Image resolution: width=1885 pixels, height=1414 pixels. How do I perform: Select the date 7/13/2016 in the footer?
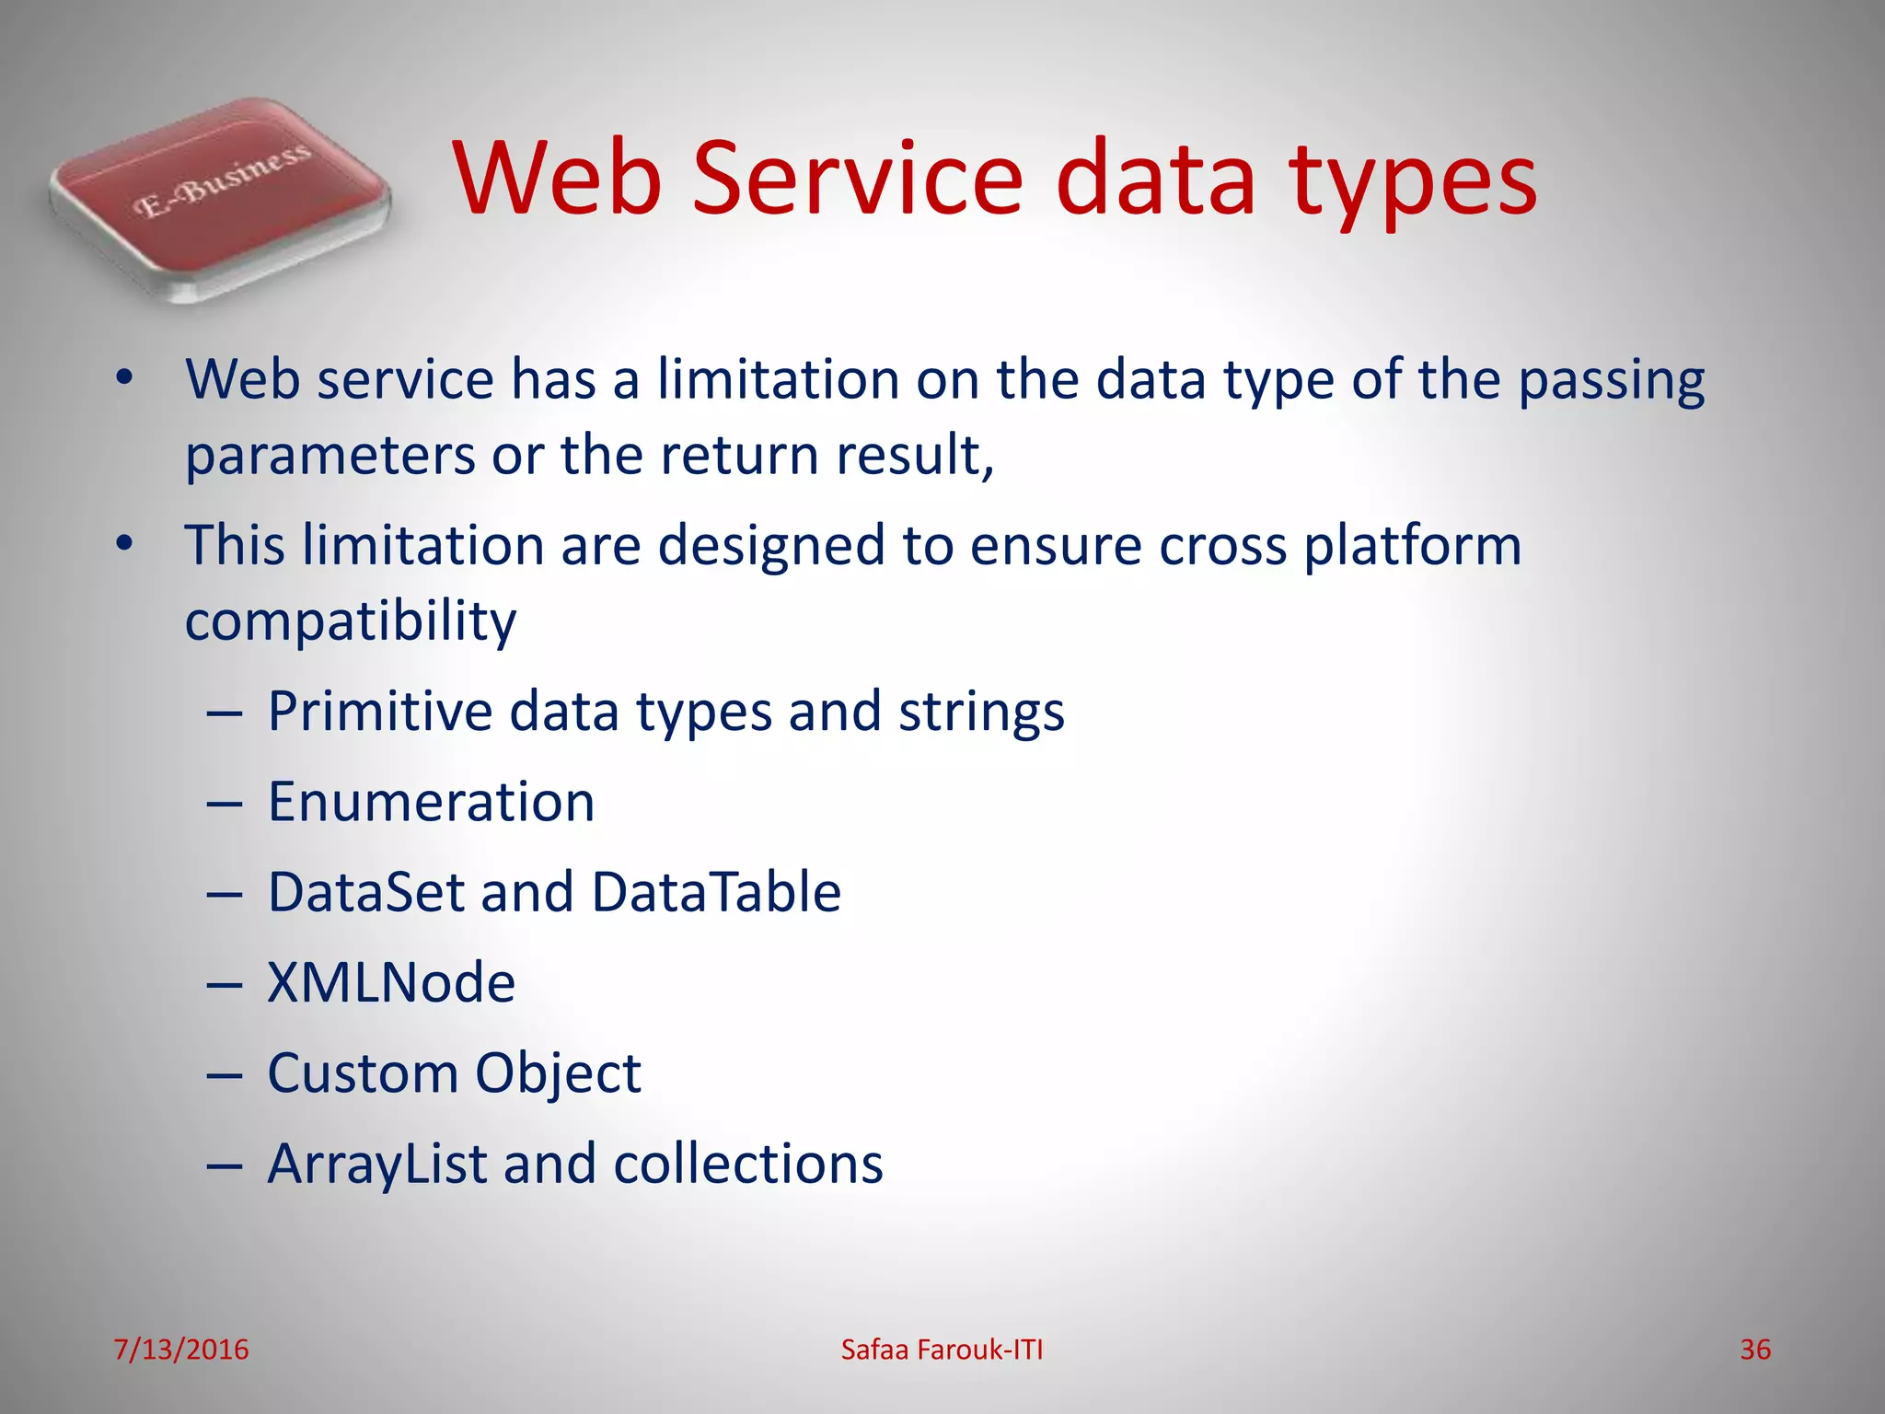pyautogui.click(x=181, y=1350)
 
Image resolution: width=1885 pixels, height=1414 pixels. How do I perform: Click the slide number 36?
pyautogui.click(x=1755, y=1350)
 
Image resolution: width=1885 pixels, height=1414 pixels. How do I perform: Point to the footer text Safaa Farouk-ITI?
pyautogui.click(x=942, y=1350)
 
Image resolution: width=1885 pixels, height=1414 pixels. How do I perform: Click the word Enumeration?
pyautogui.click(x=431, y=802)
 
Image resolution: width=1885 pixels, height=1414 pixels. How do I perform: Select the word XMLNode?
pyautogui.click(x=391, y=982)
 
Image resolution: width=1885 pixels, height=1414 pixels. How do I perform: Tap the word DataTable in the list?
pyautogui.click(x=716, y=892)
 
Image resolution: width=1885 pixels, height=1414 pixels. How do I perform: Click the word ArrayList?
pyautogui.click(x=377, y=1164)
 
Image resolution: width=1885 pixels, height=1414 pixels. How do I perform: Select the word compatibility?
pyautogui.click(x=350, y=622)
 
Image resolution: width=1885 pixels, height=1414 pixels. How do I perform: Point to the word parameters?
pyautogui.click(x=330, y=457)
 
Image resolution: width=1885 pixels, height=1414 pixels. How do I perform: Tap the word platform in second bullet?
pyautogui.click(x=1413, y=547)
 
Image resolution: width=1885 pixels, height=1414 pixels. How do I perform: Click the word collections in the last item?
pyautogui.click(x=747, y=1164)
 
